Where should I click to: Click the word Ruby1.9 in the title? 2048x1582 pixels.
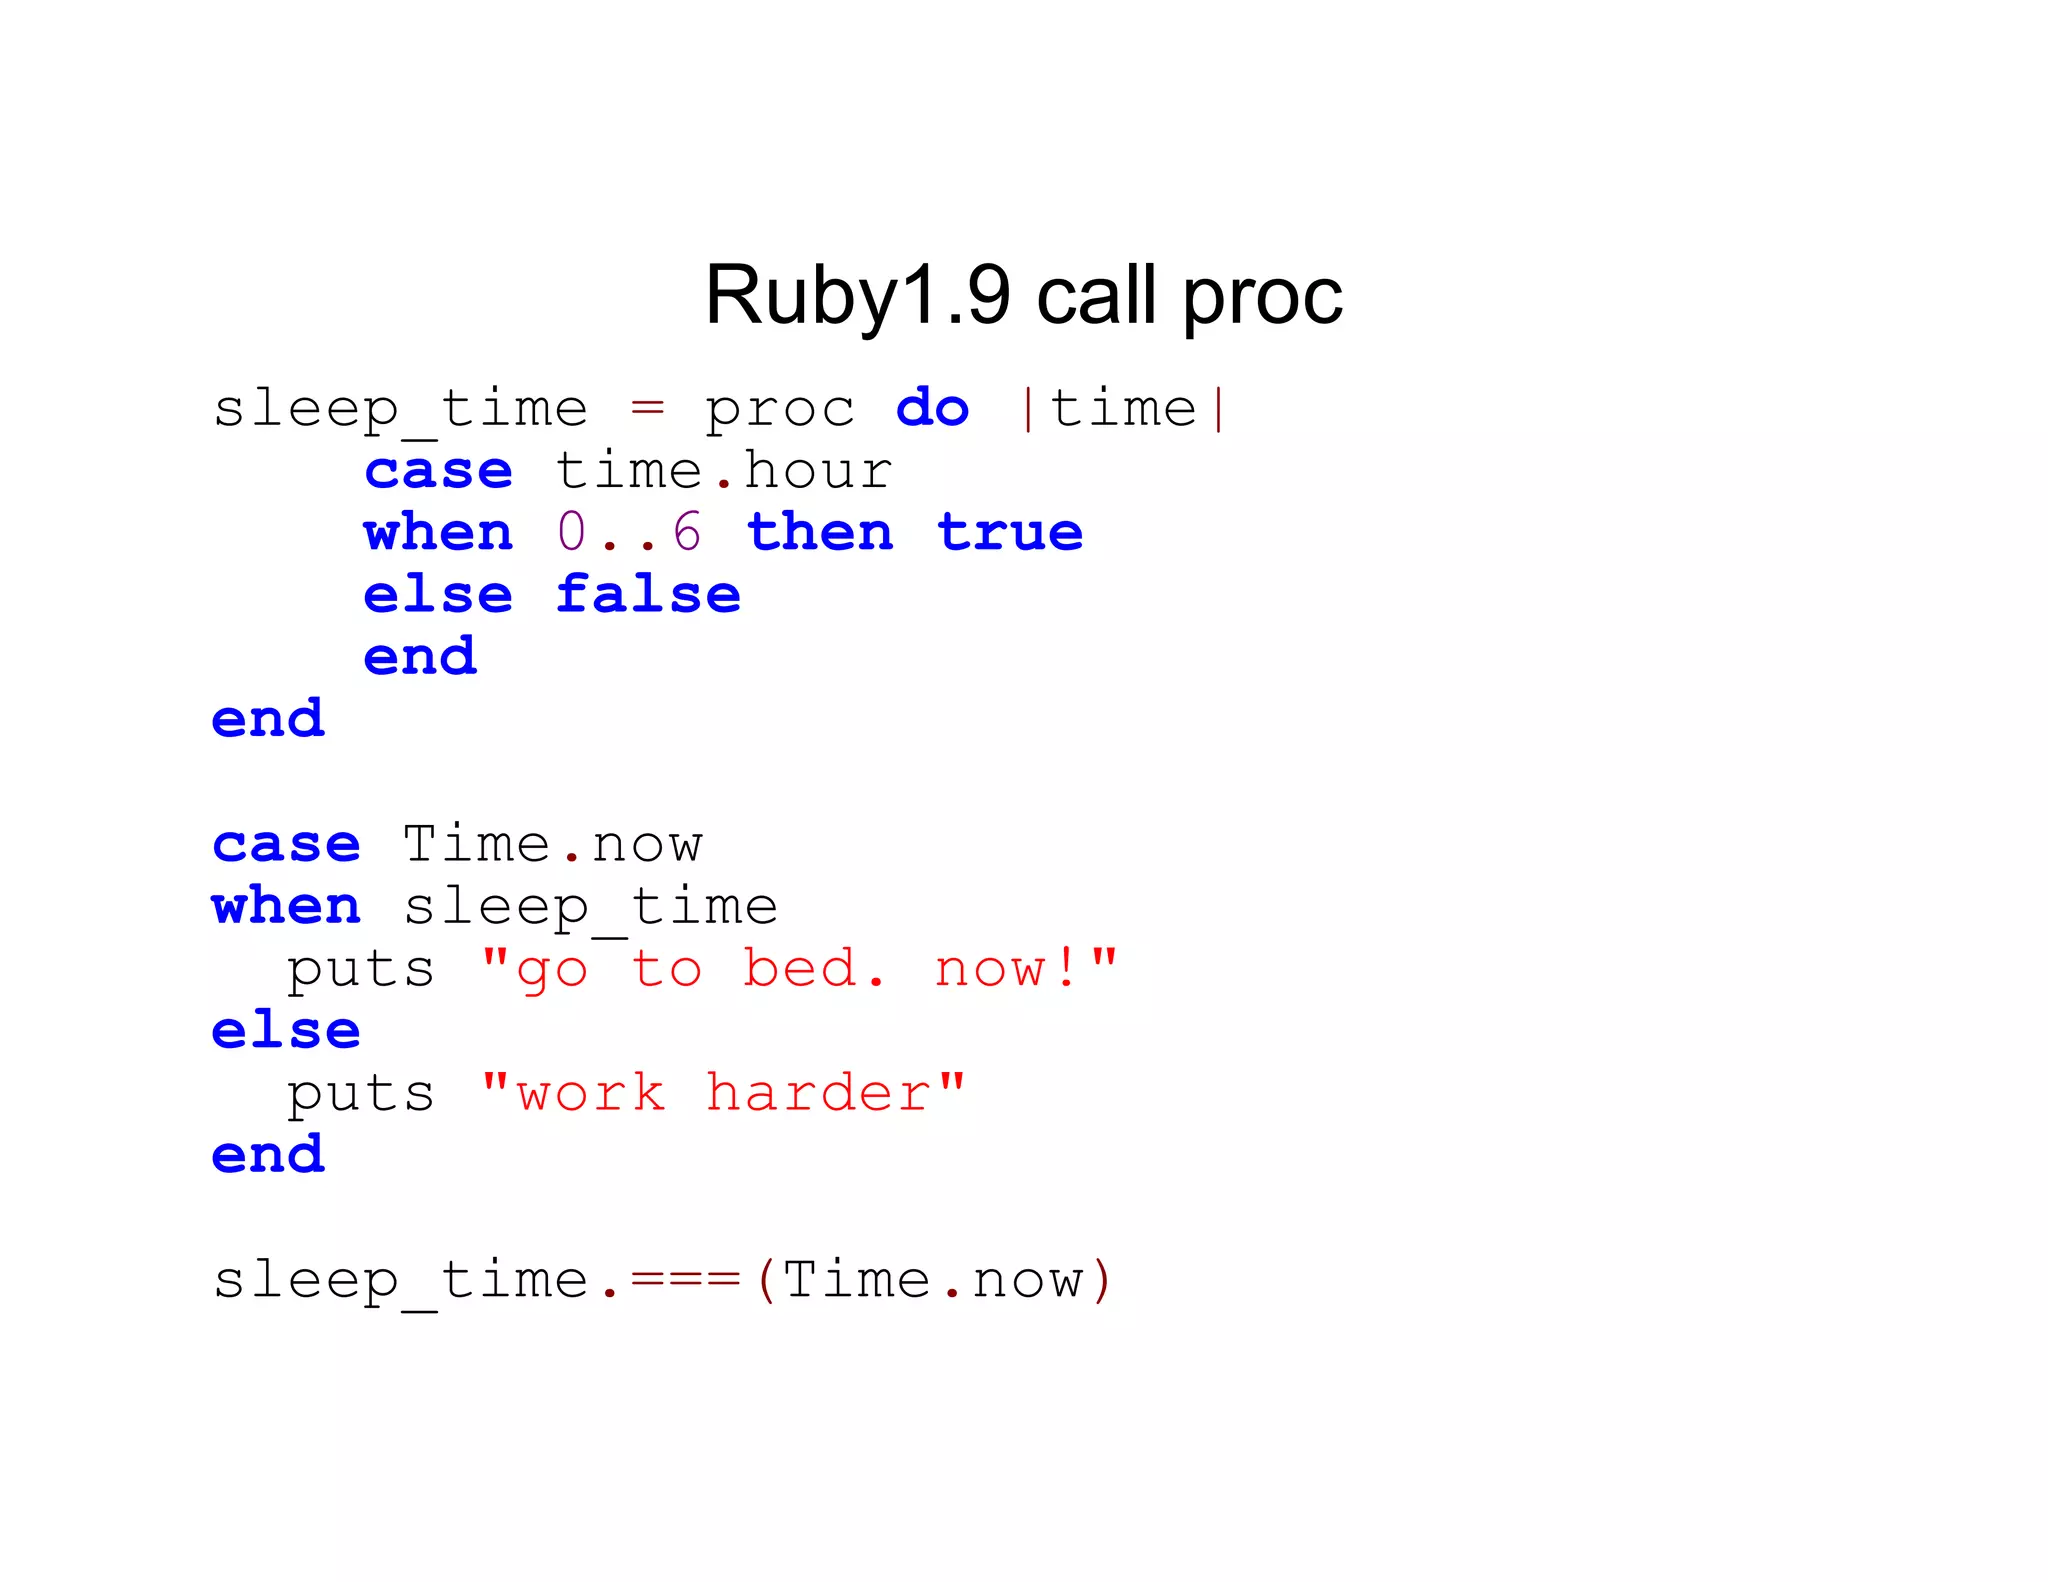(x=857, y=296)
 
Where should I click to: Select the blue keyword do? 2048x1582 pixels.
(x=932, y=408)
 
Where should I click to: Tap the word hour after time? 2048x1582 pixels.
(x=818, y=470)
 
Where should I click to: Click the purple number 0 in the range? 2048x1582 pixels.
(x=571, y=532)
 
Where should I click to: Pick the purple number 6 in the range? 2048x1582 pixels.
(x=687, y=532)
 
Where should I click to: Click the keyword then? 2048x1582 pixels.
(x=820, y=532)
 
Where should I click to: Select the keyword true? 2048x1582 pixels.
(x=1010, y=532)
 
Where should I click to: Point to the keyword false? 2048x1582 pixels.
(x=648, y=594)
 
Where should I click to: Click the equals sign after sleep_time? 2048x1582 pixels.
(x=647, y=408)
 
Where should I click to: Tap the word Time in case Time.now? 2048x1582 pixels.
(x=476, y=844)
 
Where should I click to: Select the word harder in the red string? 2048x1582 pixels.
(x=818, y=1092)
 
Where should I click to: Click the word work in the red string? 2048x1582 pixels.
(x=590, y=1092)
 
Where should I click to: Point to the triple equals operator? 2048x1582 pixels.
(x=685, y=1280)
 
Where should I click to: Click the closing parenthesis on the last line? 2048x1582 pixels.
(x=1101, y=1280)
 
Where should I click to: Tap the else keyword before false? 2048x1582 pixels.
(x=438, y=594)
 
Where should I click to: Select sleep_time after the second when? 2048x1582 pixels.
(x=590, y=908)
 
